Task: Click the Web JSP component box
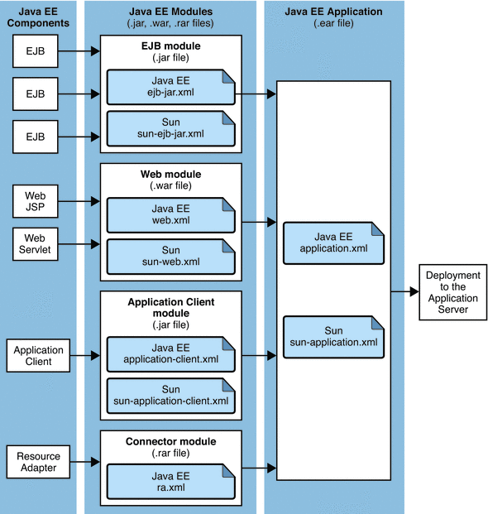pos(34,200)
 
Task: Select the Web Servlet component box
pos(34,244)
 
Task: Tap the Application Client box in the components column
pos(38,356)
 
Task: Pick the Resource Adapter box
pos(38,460)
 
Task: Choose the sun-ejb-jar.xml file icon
pos(170,130)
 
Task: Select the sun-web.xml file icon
pos(170,257)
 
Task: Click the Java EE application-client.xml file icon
pos(170,353)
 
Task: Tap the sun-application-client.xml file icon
pos(170,396)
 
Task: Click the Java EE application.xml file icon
pos(333,241)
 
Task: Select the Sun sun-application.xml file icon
pos(333,335)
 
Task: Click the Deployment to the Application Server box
pos(452,291)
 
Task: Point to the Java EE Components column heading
pos(39,17)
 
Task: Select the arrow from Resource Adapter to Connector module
pos(82,461)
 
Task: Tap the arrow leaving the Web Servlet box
pos(82,245)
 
